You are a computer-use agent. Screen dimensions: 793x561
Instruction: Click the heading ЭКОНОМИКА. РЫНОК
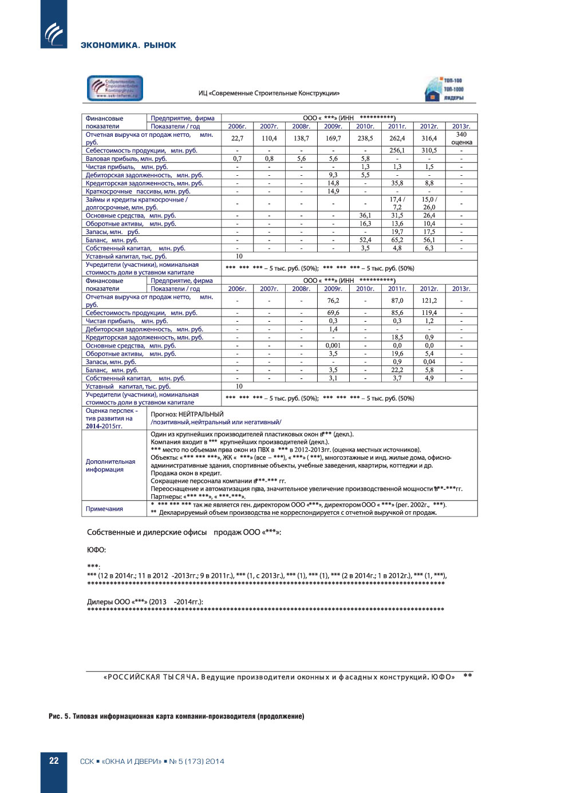pos(128,45)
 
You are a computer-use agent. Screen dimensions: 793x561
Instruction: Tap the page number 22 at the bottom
pos(54,761)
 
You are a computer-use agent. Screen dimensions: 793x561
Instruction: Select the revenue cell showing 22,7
pos(237,138)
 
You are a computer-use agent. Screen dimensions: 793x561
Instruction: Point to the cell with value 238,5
pos(365,138)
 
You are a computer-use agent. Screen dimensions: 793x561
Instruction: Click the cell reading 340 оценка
pos(461,139)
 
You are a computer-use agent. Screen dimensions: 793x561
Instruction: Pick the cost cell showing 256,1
pos(397,151)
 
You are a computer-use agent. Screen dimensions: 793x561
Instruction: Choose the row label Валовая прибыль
pos(126,159)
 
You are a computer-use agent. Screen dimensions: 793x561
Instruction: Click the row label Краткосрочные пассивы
pos(137,191)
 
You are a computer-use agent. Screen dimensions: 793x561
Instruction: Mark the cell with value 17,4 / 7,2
pos(397,203)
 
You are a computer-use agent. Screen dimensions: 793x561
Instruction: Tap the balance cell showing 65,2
pos(397,240)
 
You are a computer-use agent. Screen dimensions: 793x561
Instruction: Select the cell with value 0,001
pos(333,345)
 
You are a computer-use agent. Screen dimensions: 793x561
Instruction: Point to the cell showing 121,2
pos(429,301)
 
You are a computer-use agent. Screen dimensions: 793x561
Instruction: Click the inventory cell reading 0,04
pos(429,362)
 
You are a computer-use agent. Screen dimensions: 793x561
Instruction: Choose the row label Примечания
pos(104,508)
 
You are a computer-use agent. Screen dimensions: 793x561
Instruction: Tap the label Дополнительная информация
pos(110,465)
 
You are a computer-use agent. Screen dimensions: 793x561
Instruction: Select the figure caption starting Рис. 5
pos(176,716)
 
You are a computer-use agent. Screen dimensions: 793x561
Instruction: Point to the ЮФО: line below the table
pos(96,550)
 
